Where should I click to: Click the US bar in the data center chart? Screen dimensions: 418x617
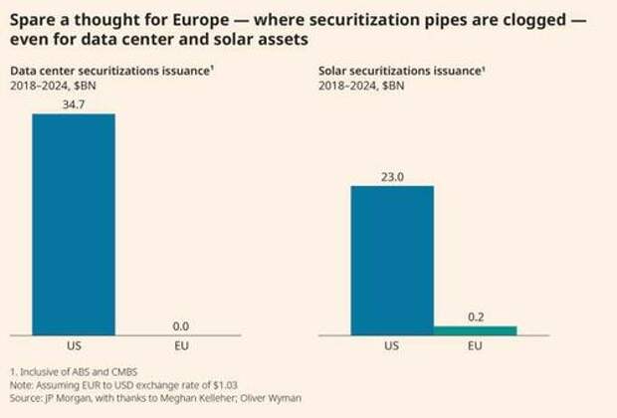pyautogui.click(x=74, y=225)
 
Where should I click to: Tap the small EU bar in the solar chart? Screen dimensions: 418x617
pyautogui.click(x=476, y=330)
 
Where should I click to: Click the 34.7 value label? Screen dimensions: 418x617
pyautogui.click(x=74, y=104)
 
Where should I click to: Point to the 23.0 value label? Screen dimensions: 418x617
pyautogui.click(x=392, y=176)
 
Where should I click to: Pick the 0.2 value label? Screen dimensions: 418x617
pyautogui.click(x=476, y=315)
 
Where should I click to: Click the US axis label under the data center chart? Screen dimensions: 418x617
pyautogui.click(x=74, y=347)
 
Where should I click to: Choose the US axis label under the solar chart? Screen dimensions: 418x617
pyautogui.click(x=392, y=347)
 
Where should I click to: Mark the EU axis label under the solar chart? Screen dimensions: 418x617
pyautogui.click(x=476, y=347)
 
